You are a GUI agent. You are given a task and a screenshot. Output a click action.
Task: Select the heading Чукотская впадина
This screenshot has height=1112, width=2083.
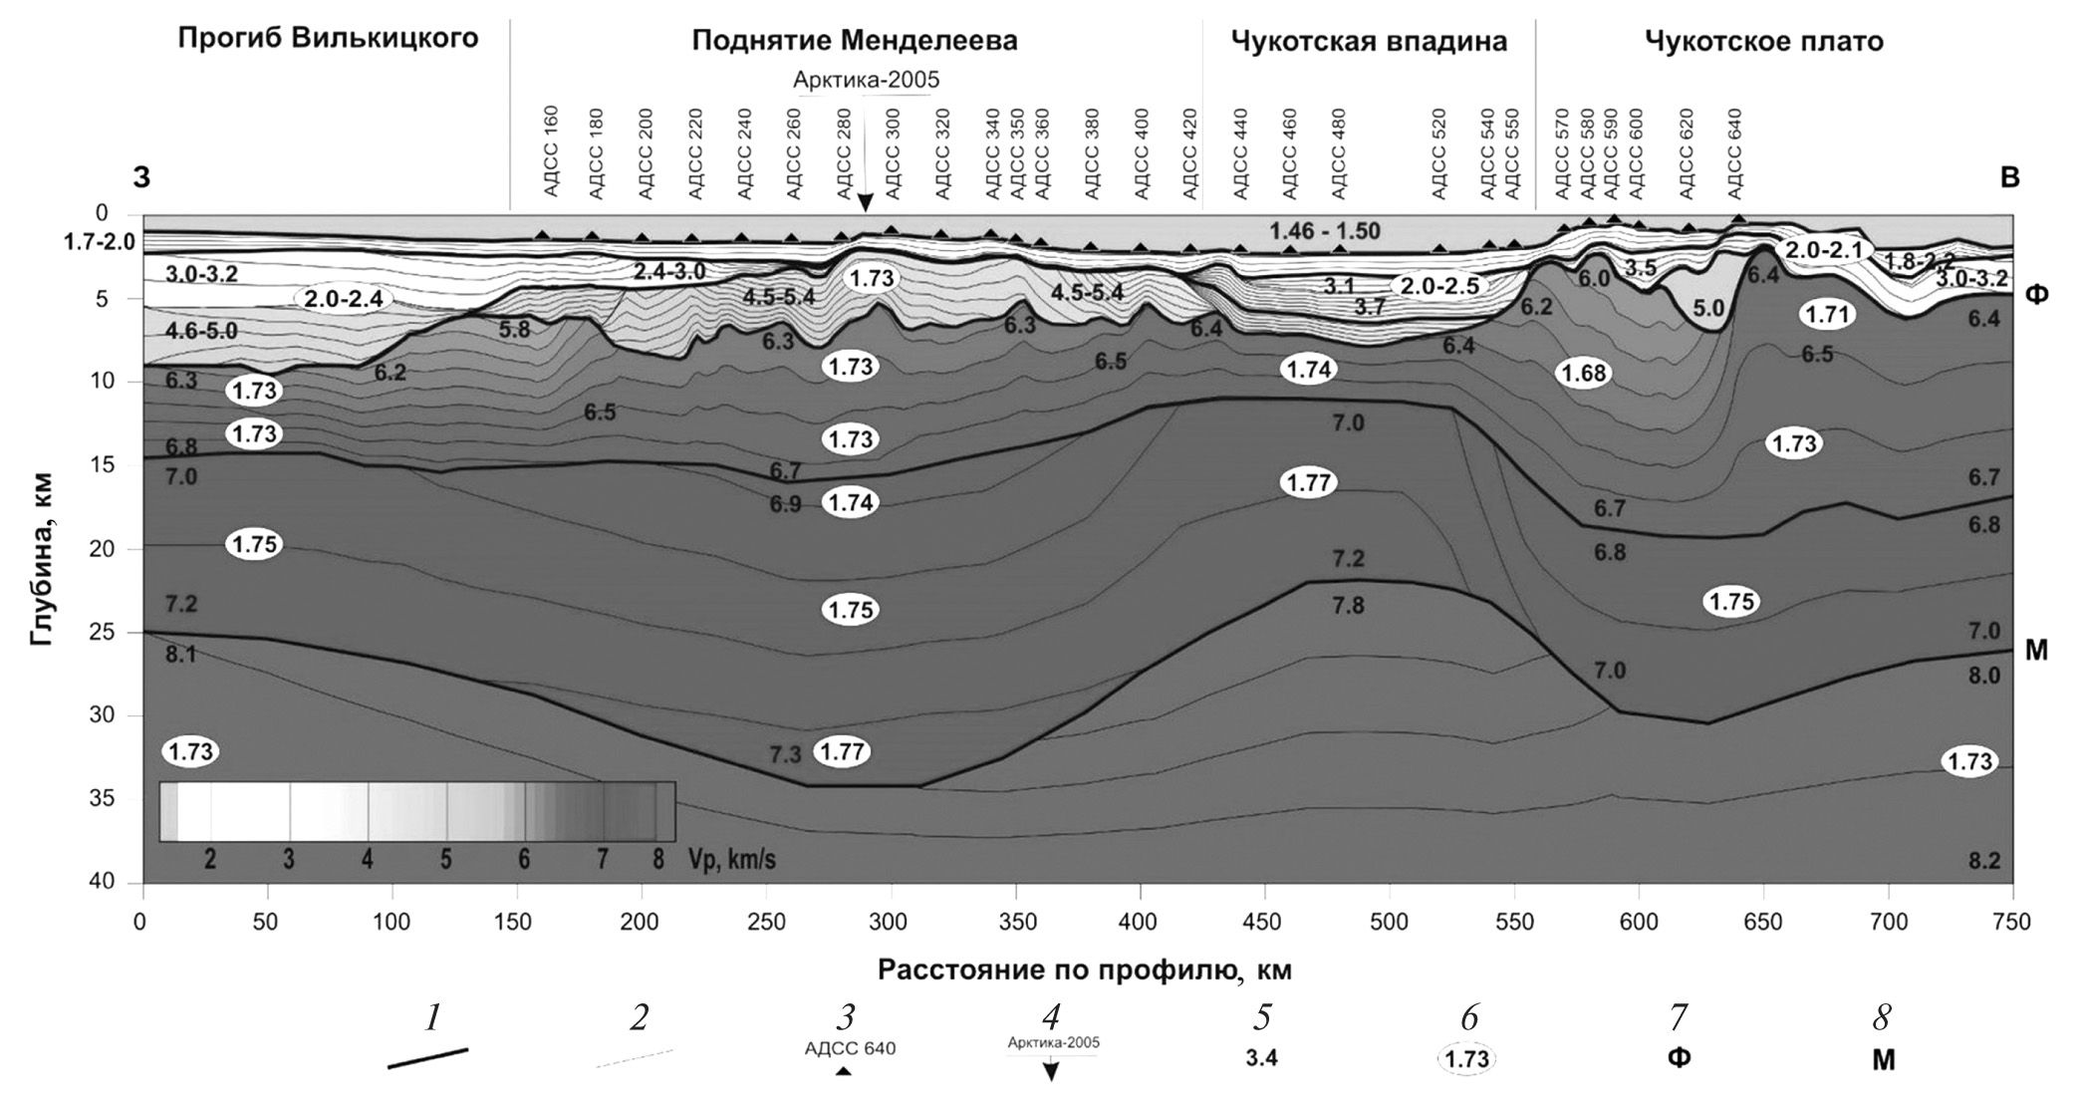click(x=1369, y=42)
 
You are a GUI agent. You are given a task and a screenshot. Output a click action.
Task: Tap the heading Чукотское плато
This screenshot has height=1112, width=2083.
click(x=1763, y=42)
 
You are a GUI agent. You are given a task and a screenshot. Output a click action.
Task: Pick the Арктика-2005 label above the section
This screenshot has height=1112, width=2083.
click(x=866, y=81)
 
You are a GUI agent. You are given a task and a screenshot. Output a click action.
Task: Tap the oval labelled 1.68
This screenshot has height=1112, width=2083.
click(x=1584, y=374)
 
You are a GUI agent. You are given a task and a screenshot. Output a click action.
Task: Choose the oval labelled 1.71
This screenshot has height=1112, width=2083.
click(x=1828, y=316)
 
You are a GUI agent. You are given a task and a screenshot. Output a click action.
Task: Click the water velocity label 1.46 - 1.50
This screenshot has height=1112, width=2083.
click(x=1324, y=232)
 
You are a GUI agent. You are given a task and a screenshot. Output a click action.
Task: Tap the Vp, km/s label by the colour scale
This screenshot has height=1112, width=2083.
click(x=731, y=860)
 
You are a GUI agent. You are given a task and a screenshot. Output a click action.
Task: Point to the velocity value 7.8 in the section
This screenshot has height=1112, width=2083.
click(x=1348, y=605)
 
